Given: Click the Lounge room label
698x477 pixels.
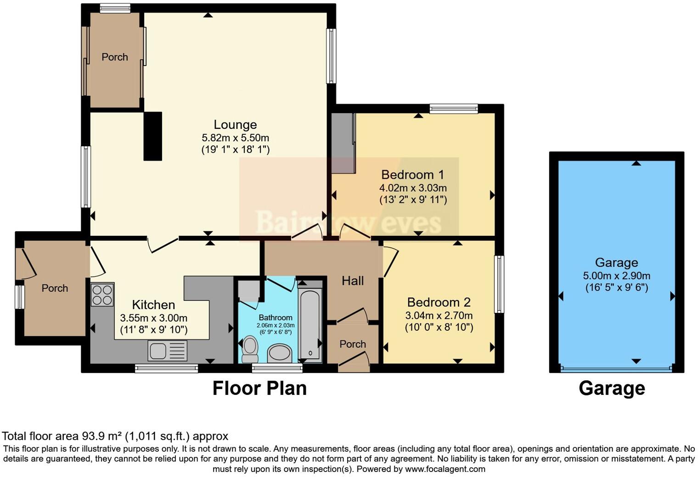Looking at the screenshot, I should click(235, 125).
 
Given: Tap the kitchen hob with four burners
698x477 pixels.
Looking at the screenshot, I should click(102, 295).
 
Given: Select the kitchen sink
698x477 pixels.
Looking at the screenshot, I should click(167, 351).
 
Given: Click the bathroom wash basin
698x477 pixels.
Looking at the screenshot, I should click(279, 354).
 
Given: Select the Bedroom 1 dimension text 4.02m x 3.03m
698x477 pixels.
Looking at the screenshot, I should click(413, 188).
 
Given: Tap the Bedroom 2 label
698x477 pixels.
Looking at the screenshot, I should click(439, 303).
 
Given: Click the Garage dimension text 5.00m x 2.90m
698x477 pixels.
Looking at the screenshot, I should click(616, 276).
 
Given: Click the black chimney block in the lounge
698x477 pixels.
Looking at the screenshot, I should click(153, 136).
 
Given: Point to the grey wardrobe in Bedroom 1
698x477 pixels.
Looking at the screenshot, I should click(343, 143).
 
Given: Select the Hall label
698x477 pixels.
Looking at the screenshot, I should click(353, 281).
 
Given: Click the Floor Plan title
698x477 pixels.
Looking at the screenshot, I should click(259, 388).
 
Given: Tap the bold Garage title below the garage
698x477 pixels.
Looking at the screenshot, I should click(612, 388).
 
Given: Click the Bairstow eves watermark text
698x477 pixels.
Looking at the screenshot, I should click(349, 223).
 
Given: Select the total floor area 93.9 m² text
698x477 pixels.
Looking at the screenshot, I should click(115, 436).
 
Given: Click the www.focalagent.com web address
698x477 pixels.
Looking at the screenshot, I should click(445, 469).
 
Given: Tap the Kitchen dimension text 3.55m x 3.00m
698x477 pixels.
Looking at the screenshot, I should click(153, 318).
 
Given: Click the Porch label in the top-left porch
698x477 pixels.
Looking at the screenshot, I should click(114, 57).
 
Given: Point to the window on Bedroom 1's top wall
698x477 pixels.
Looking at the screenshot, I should click(454, 109).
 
